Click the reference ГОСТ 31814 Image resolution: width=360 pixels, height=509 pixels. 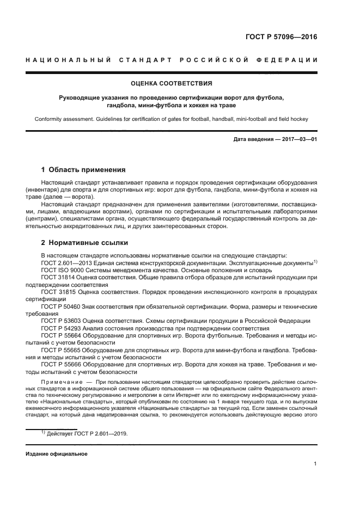tap(58, 278)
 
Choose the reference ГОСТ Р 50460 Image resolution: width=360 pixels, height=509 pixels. tap(61, 306)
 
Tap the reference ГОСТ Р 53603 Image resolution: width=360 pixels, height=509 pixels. tap(61, 321)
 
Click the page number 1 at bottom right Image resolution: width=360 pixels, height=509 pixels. tap(316, 464)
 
